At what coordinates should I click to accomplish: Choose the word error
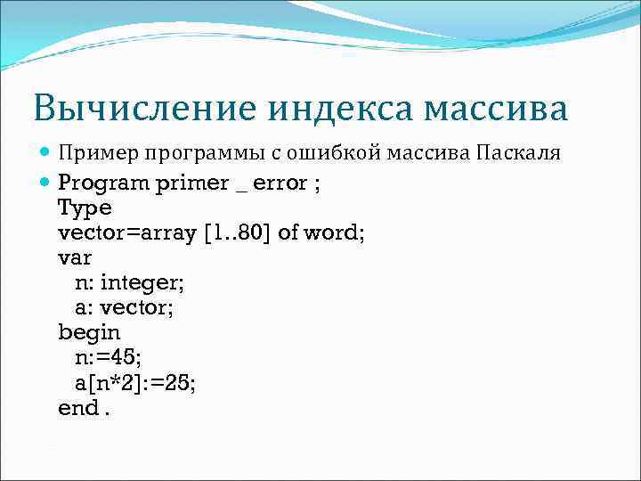click(281, 183)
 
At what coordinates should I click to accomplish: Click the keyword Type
click(85, 208)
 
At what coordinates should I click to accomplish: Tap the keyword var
click(75, 258)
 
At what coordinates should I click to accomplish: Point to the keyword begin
click(89, 333)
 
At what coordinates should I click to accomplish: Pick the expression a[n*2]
click(109, 383)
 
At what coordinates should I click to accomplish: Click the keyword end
click(77, 408)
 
